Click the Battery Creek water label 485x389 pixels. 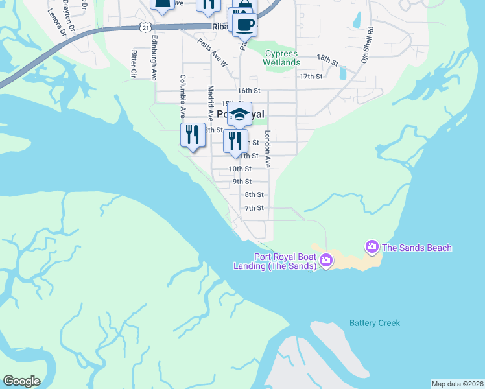[375, 323]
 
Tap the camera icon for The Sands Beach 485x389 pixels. [372, 246]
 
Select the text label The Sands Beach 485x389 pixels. [416, 248]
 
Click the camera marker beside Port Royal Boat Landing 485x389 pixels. [325, 261]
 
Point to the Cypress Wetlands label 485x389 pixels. [281, 58]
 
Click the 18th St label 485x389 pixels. [327, 61]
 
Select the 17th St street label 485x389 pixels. [311, 77]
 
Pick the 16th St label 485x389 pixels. [248, 91]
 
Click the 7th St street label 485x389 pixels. [254, 208]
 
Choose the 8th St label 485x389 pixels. [254, 194]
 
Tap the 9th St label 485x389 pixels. [242, 182]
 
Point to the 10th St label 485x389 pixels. [240, 169]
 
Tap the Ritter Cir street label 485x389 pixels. [133, 64]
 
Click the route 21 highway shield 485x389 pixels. [146, 27]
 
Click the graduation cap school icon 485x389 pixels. [240, 114]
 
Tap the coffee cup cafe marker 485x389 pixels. [245, 24]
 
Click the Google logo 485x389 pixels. [21, 381]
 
